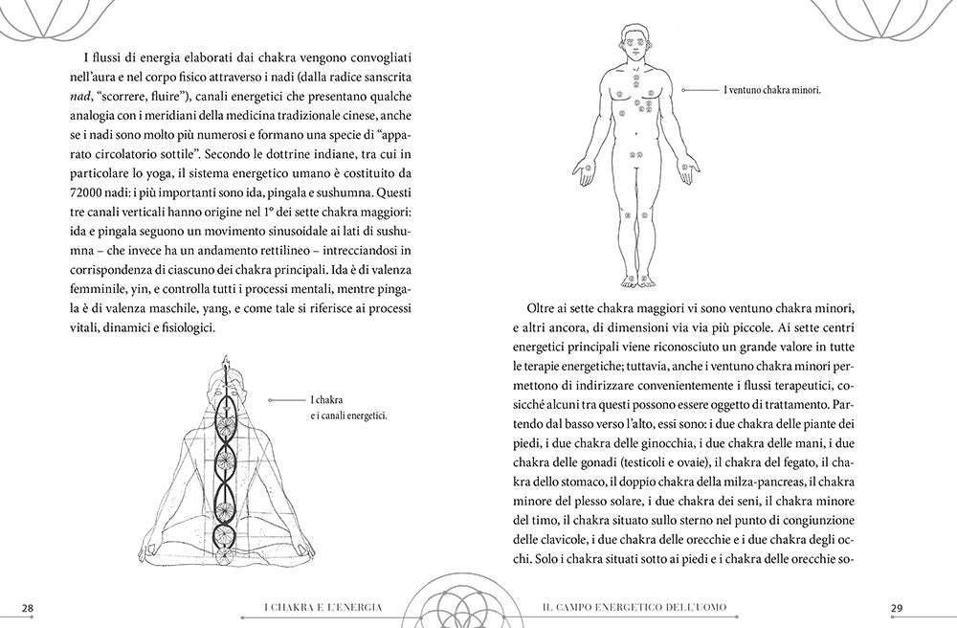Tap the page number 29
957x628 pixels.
[897, 608]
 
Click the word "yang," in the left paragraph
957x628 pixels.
[212, 306]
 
